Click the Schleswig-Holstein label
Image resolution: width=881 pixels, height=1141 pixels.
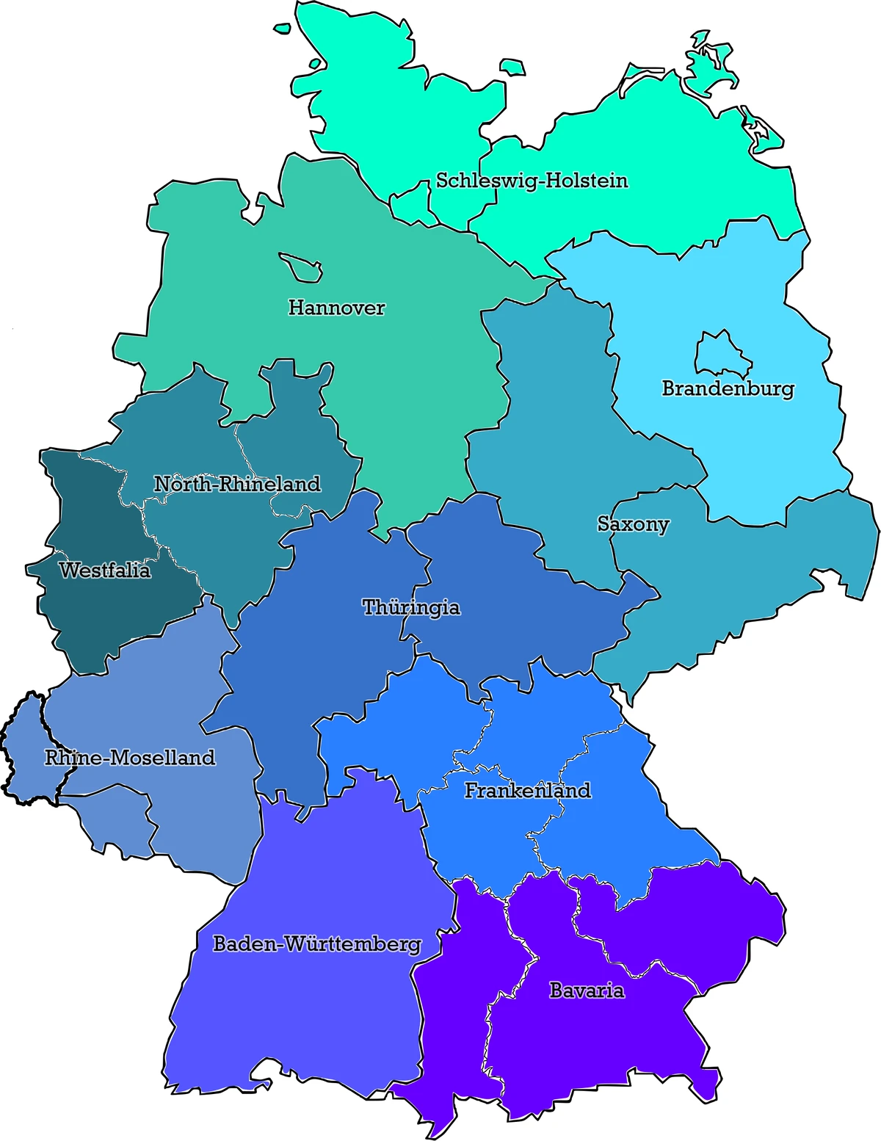pos(532,181)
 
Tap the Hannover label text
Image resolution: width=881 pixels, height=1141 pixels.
pos(336,308)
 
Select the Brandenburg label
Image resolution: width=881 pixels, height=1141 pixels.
pos(728,388)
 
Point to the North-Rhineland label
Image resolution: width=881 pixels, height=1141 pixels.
pos(237,484)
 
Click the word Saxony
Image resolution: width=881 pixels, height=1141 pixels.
pos(633,524)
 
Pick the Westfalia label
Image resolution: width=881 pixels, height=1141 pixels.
pos(104,570)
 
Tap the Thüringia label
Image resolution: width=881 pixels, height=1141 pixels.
pos(411,607)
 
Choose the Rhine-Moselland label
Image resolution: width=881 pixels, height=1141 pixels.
pos(130,758)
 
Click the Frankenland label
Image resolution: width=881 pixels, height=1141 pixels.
pos(527,791)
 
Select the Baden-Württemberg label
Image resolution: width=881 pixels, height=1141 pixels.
pos(317,944)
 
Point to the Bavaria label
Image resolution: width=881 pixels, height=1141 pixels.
pos(587,990)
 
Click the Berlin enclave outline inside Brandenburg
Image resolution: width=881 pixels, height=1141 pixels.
pos(722,354)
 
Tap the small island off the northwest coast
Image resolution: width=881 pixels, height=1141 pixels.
pos(282,29)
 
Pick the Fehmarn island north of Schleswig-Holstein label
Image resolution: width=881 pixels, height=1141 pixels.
pos(512,68)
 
